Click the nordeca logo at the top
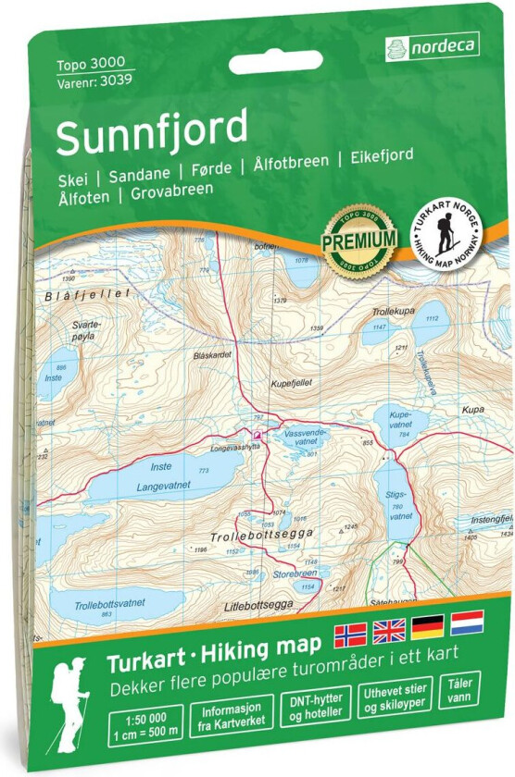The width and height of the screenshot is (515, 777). pos(432,44)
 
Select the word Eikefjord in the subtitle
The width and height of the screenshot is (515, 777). pos(381,156)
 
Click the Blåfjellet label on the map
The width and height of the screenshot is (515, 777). pos(73,293)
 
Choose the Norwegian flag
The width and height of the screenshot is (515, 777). pos(350,633)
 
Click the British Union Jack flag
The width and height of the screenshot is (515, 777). pos(389,632)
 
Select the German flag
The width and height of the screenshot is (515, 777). pos(428,629)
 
